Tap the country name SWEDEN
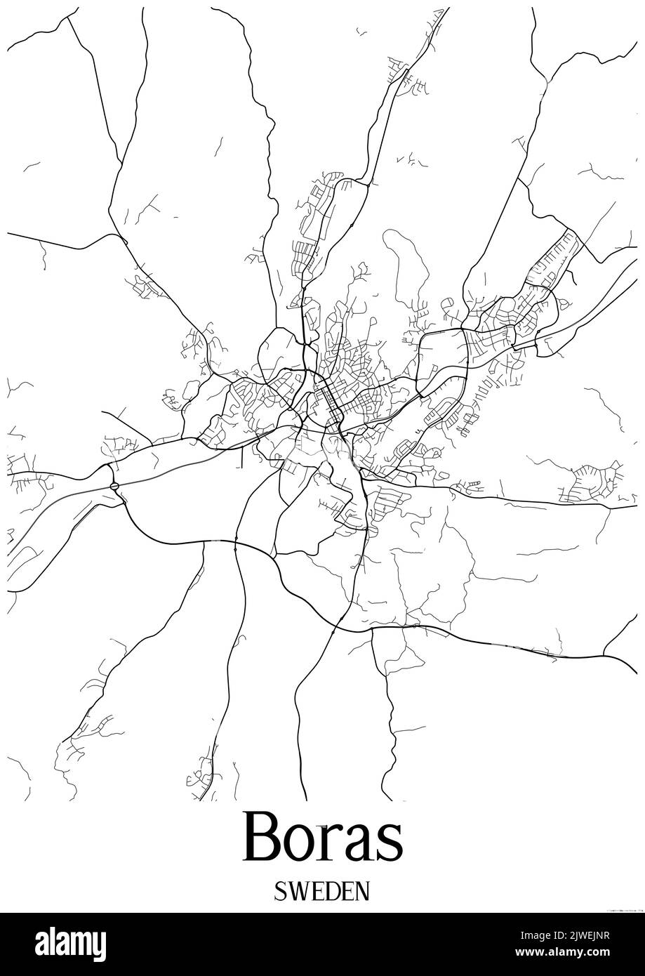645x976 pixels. [322, 892]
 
